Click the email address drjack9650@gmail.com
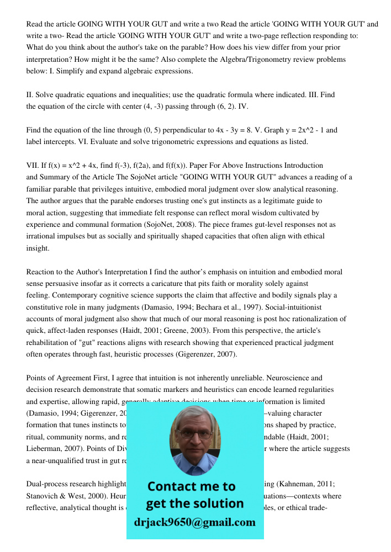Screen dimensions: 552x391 click(194, 522)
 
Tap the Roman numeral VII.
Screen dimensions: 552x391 click(33, 166)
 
